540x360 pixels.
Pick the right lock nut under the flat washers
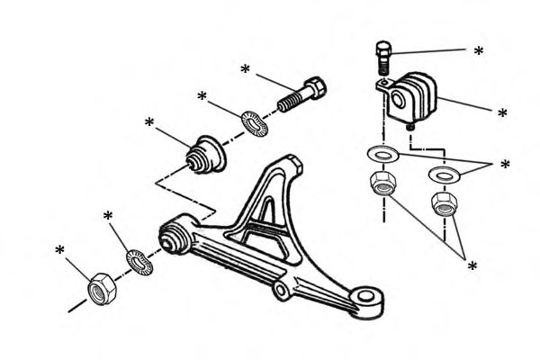click(x=444, y=203)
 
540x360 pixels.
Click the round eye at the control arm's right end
click(x=367, y=300)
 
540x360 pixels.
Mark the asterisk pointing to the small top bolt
click(x=478, y=51)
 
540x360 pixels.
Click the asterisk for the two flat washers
click(x=505, y=166)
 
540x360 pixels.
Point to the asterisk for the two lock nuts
click(x=472, y=265)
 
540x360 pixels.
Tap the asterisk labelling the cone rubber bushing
click(x=148, y=122)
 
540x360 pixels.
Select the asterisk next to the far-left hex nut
click(x=59, y=250)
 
